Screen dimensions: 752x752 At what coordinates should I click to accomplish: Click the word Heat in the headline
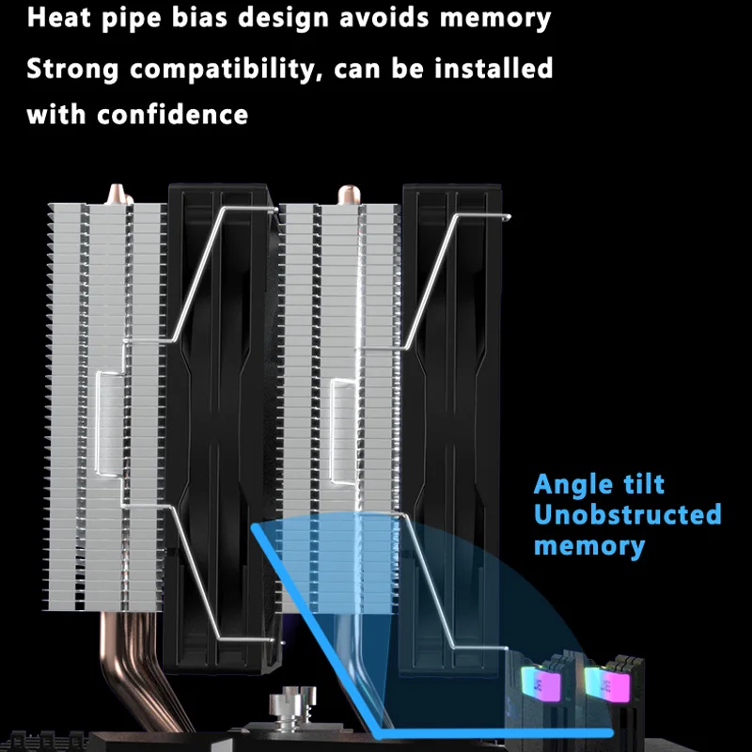tap(57, 19)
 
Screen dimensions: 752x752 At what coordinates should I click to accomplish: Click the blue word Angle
tap(575, 485)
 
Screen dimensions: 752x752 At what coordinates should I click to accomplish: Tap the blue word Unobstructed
tap(628, 515)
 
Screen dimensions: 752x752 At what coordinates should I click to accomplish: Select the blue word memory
tap(589, 546)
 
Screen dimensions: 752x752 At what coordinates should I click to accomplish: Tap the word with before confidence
tap(57, 116)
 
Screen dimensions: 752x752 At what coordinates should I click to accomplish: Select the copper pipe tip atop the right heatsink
tap(344, 195)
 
